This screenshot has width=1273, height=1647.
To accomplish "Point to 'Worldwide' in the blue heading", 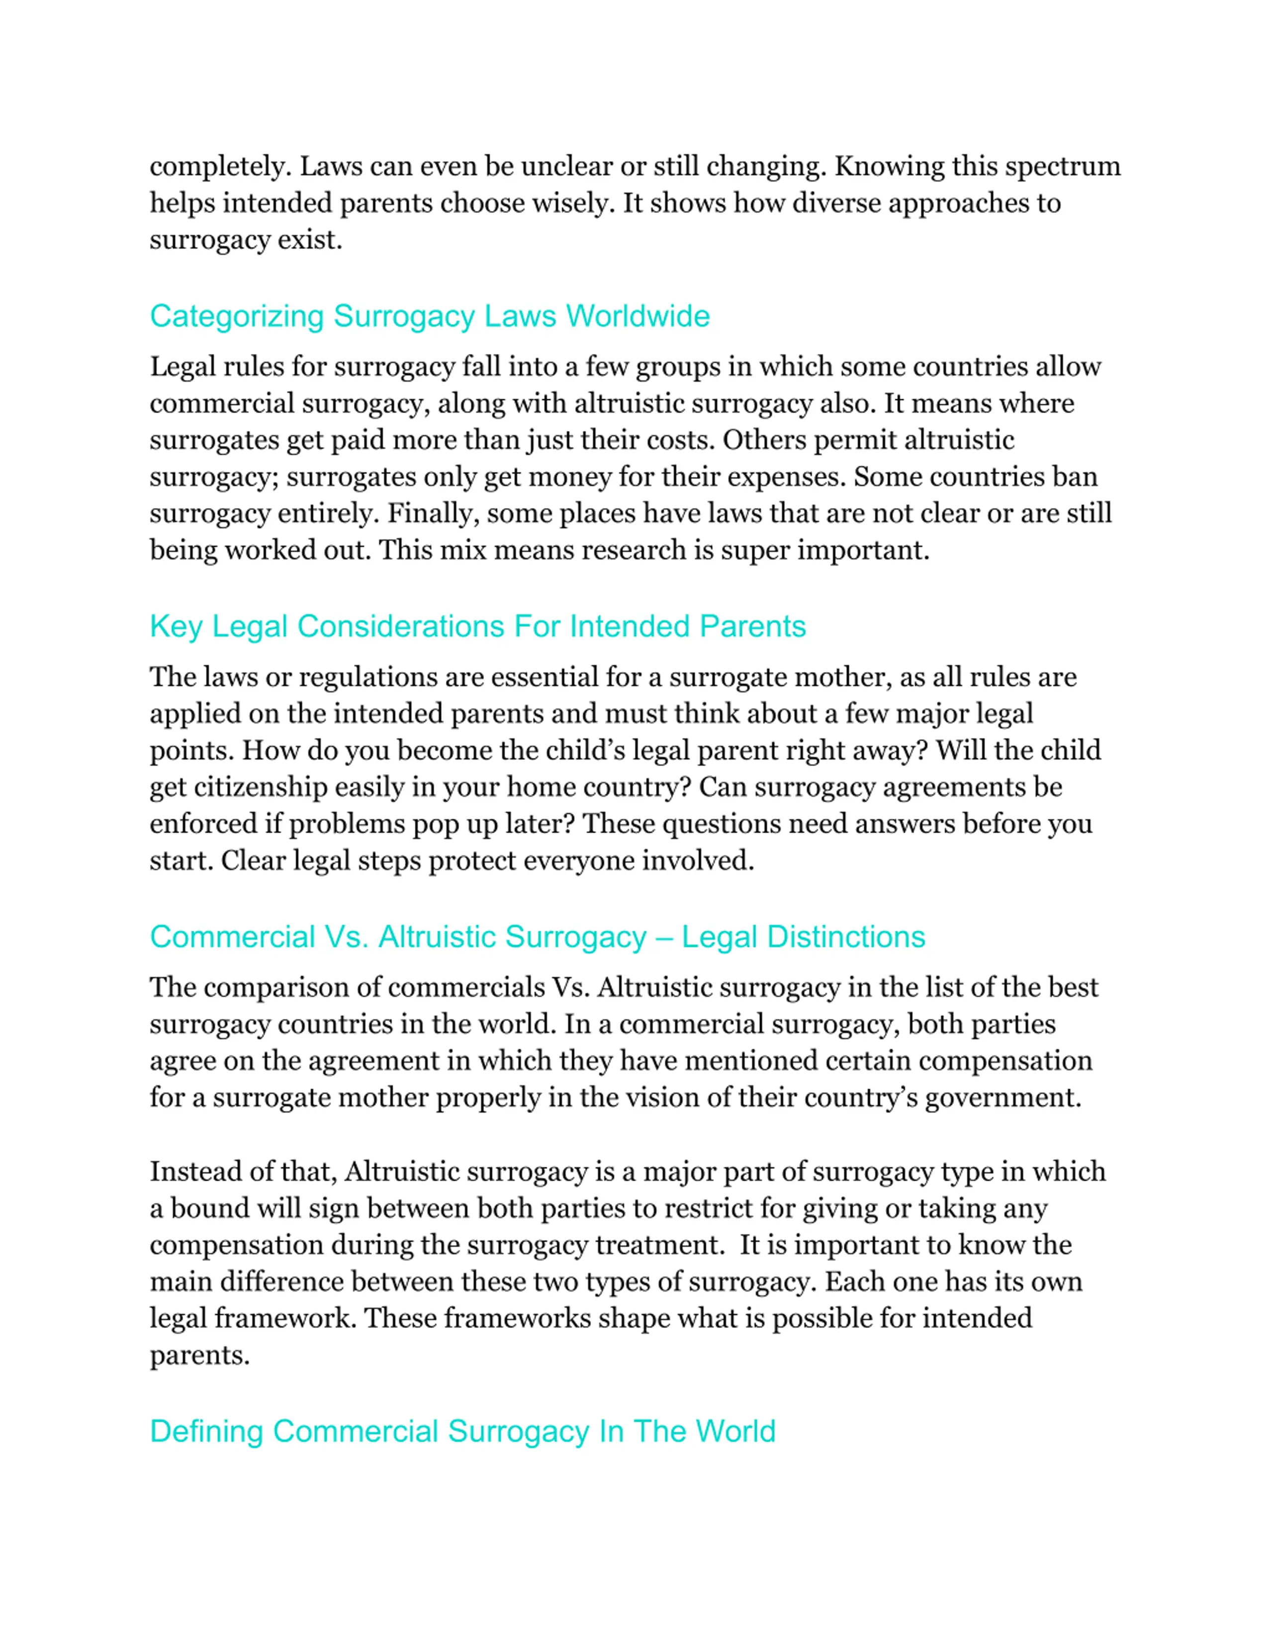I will (x=638, y=316).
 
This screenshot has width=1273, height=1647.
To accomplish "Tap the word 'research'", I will (x=634, y=550).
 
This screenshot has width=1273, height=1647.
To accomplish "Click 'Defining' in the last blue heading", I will (x=206, y=1431).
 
